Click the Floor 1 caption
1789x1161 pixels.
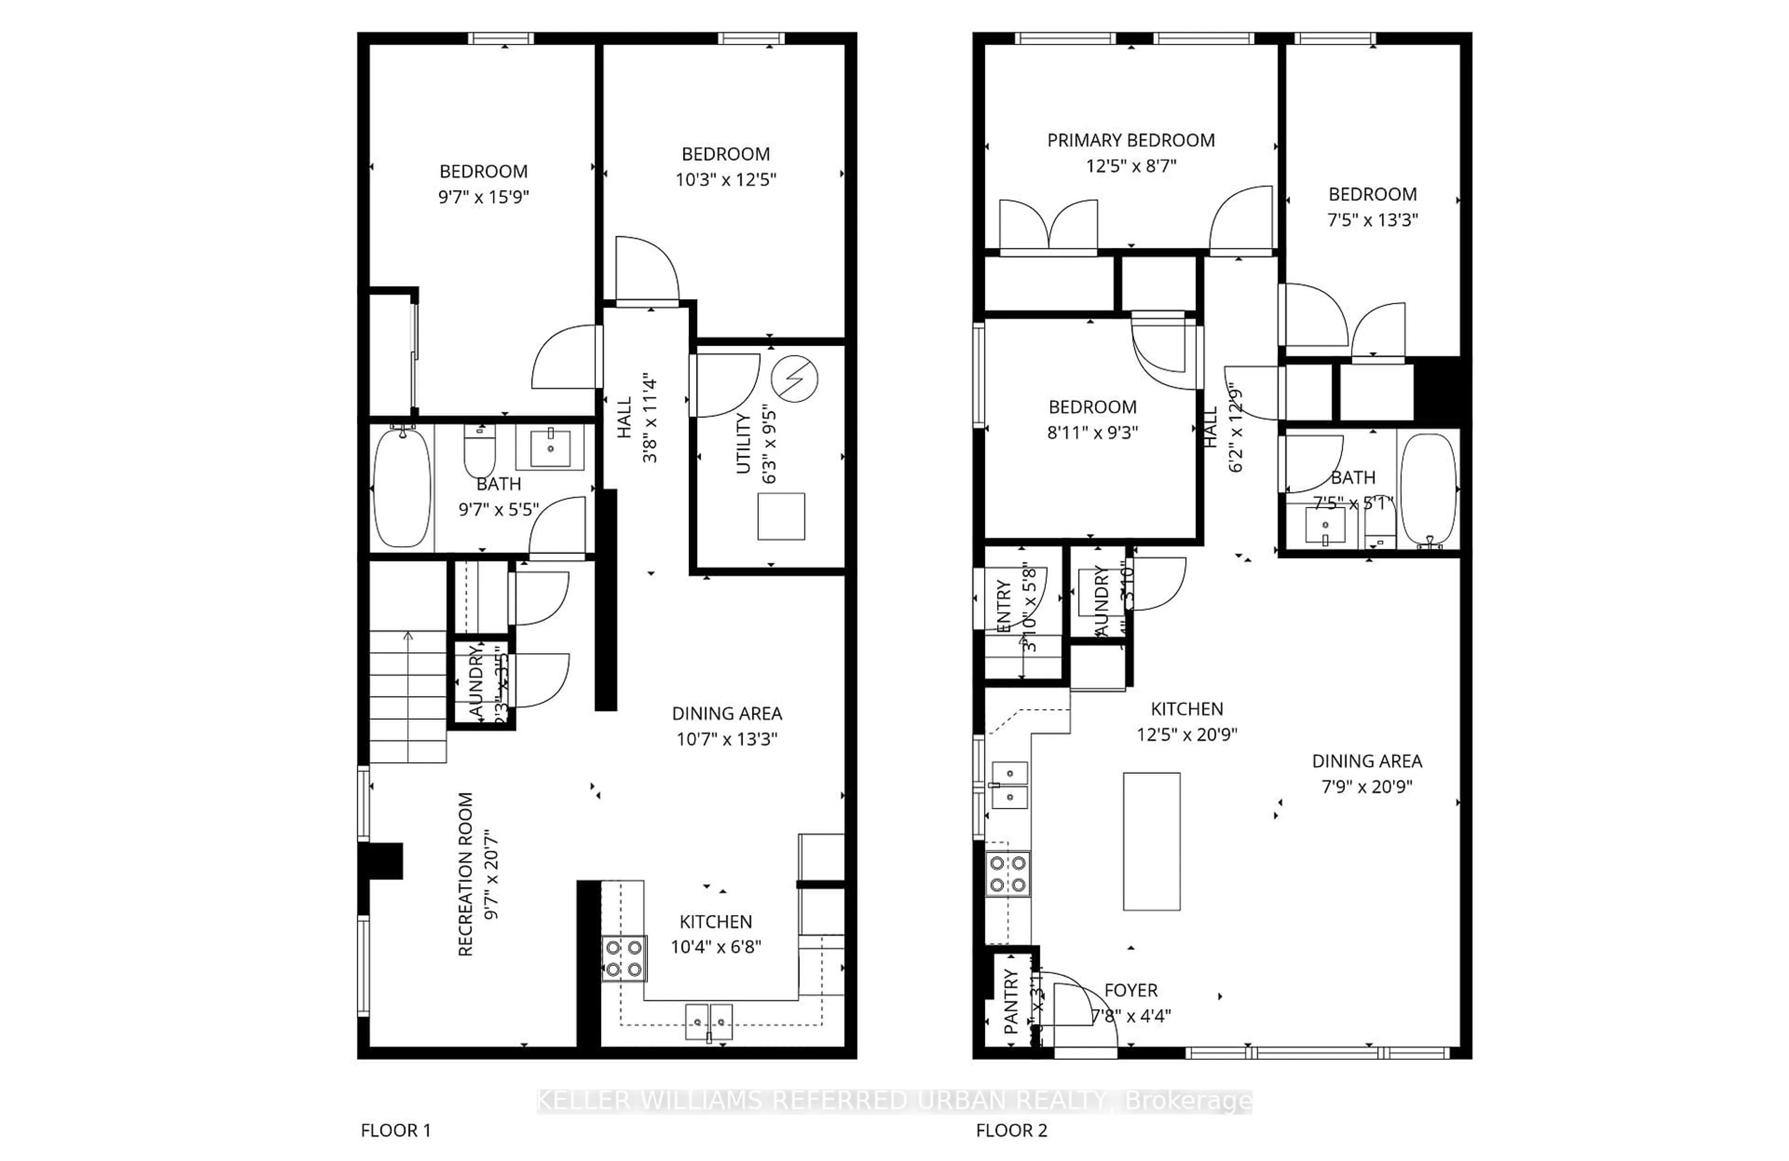(x=396, y=1130)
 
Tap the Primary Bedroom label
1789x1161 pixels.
(x=1131, y=141)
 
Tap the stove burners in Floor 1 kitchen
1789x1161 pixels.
(x=624, y=958)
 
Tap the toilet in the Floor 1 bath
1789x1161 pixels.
(x=479, y=451)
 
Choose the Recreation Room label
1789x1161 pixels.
(x=466, y=874)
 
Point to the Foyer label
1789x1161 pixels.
(x=1131, y=990)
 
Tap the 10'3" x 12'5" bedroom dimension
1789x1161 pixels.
(x=725, y=179)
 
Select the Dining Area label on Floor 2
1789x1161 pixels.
(x=1366, y=761)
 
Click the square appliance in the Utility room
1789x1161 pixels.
(x=781, y=516)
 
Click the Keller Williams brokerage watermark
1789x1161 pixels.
(x=894, y=1101)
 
